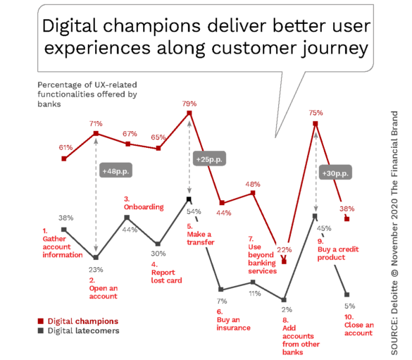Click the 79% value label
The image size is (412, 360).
189,104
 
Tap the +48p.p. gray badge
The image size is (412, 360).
116,171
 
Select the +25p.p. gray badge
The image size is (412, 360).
209,159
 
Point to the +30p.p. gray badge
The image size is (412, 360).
335,173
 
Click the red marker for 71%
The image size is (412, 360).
96,133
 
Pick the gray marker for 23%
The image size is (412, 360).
96,258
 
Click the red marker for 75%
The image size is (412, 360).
316,123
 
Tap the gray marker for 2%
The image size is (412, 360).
284,300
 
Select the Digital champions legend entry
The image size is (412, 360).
78,321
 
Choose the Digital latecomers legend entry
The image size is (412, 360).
79,330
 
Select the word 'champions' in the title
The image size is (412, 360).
152,26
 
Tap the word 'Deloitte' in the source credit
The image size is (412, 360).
394,297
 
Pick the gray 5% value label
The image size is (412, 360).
350,306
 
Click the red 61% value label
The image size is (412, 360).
65,147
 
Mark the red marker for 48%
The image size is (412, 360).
253,193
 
